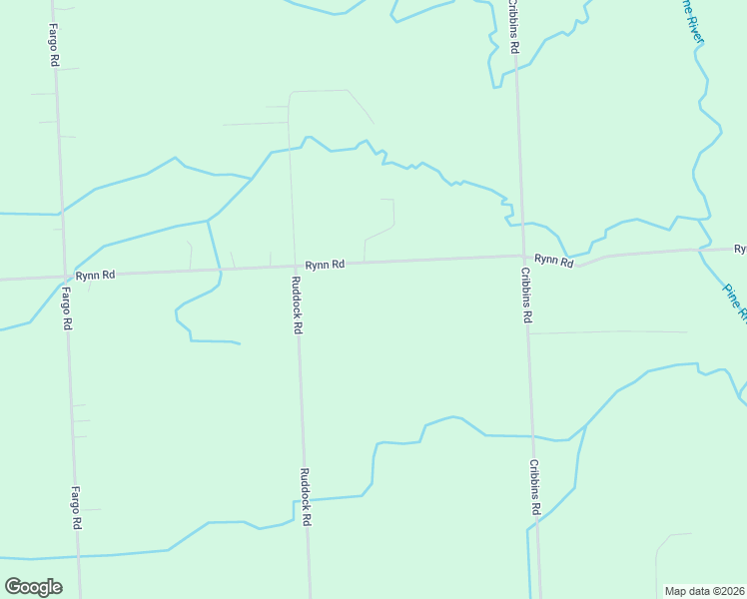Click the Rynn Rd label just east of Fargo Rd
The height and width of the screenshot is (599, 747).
tap(95, 275)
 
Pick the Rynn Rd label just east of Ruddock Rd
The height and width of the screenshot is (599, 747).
tap(325, 265)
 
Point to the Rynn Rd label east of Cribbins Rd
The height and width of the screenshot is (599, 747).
tap(553, 260)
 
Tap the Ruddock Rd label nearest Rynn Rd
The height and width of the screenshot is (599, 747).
tap(298, 304)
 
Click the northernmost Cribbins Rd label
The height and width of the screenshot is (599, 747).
tap(514, 30)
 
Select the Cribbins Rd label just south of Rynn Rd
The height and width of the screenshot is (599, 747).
tap(526, 295)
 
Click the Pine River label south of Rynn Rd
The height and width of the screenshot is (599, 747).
tap(734, 302)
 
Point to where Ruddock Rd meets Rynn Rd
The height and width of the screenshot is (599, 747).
tap(293, 267)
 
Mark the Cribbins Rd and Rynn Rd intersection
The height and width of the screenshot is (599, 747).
tap(522, 257)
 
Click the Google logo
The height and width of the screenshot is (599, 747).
tap(33, 586)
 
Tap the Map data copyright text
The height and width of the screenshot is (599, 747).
tap(704, 591)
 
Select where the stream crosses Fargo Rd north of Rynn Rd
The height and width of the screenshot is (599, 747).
tap(61, 212)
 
